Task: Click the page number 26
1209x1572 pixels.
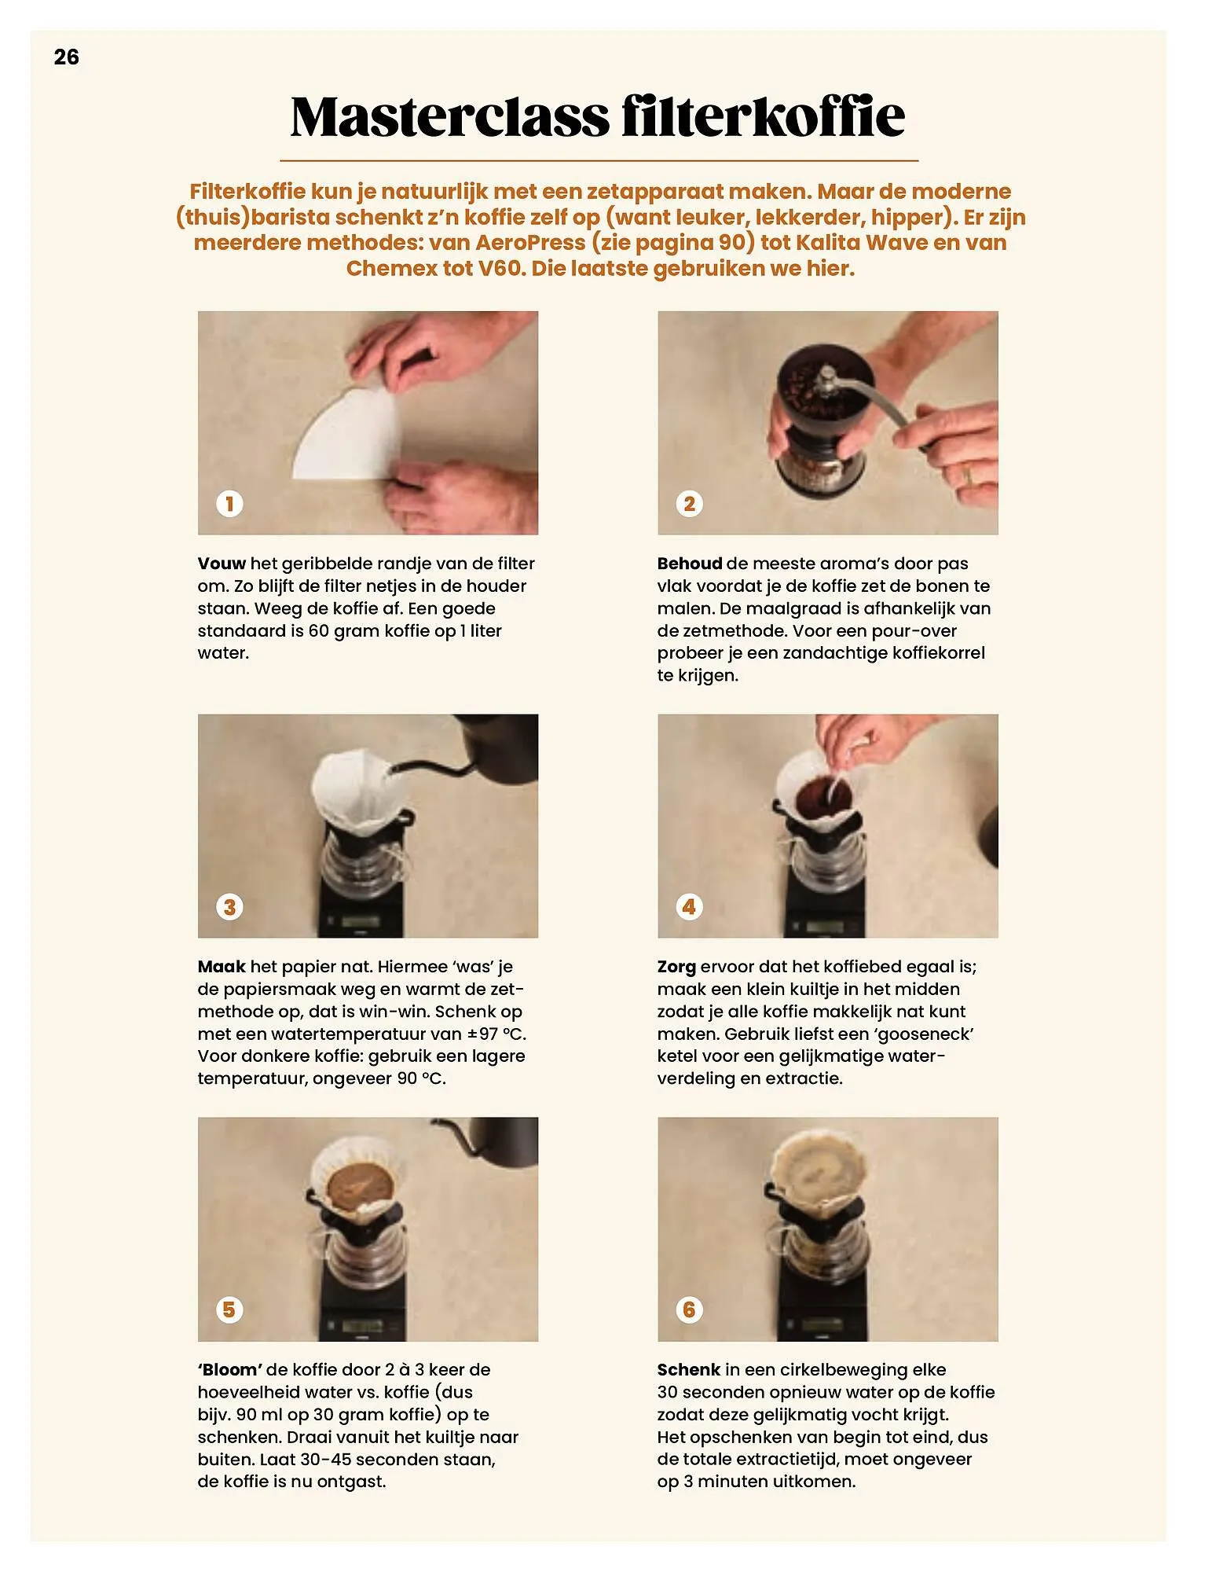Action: click(67, 57)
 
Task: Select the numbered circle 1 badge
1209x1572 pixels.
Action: click(229, 503)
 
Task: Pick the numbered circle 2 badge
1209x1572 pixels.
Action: click(689, 503)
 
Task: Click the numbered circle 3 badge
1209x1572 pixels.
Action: click(229, 906)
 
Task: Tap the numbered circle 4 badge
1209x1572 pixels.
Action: click(689, 906)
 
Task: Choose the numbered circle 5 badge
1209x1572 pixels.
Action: click(229, 1309)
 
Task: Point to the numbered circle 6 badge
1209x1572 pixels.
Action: click(689, 1309)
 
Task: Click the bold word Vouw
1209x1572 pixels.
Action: click(222, 564)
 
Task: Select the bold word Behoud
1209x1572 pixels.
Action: click(690, 564)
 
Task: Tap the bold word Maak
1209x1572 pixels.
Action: click(222, 967)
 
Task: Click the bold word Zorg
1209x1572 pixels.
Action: click(676, 968)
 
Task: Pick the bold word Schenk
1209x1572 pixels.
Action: click(689, 1370)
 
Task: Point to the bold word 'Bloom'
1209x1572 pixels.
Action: click(230, 1370)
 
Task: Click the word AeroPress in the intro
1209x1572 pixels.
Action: click(530, 242)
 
